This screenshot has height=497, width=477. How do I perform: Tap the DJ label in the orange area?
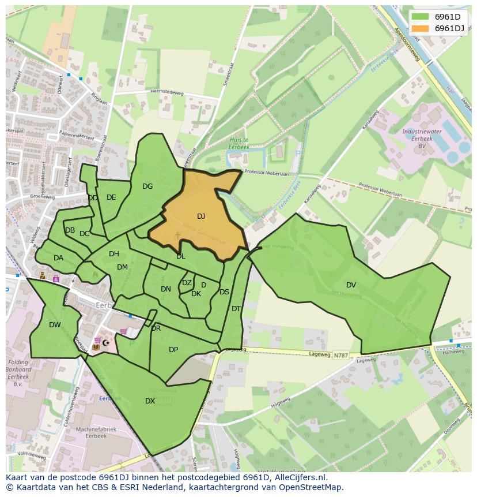click(x=201, y=216)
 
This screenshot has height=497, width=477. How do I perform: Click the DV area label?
click(x=351, y=285)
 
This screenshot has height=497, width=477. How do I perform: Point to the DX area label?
click(x=150, y=401)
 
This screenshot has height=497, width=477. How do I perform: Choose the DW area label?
click(x=55, y=325)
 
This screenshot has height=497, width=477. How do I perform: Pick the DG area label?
click(x=147, y=186)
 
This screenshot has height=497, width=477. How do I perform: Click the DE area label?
click(x=111, y=197)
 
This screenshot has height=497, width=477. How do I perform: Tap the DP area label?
click(x=173, y=349)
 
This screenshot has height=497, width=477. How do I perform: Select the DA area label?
click(x=58, y=258)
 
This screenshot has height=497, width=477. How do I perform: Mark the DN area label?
click(x=166, y=289)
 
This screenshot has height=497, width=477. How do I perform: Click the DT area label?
click(x=236, y=309)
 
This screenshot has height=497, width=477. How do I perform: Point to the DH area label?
click(x=114, y=254)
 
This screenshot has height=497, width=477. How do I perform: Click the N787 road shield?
click(x=340, y=356)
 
